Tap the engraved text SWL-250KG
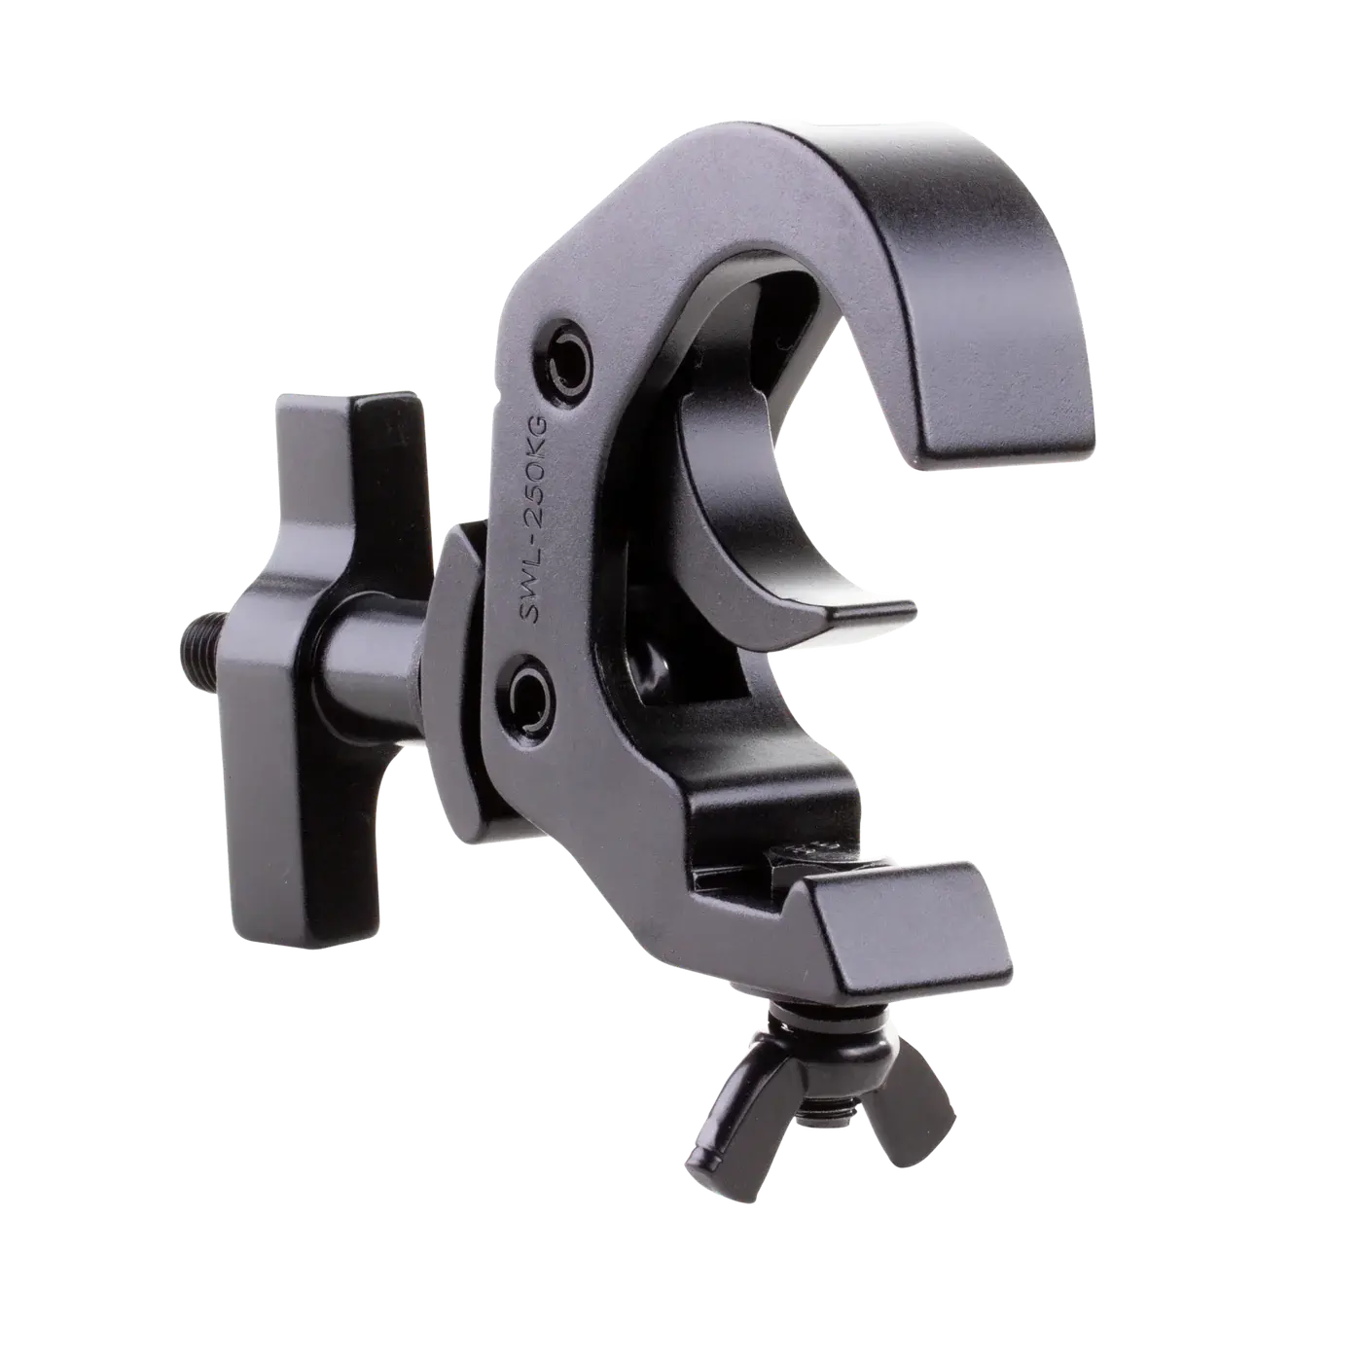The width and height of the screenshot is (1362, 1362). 536,520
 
